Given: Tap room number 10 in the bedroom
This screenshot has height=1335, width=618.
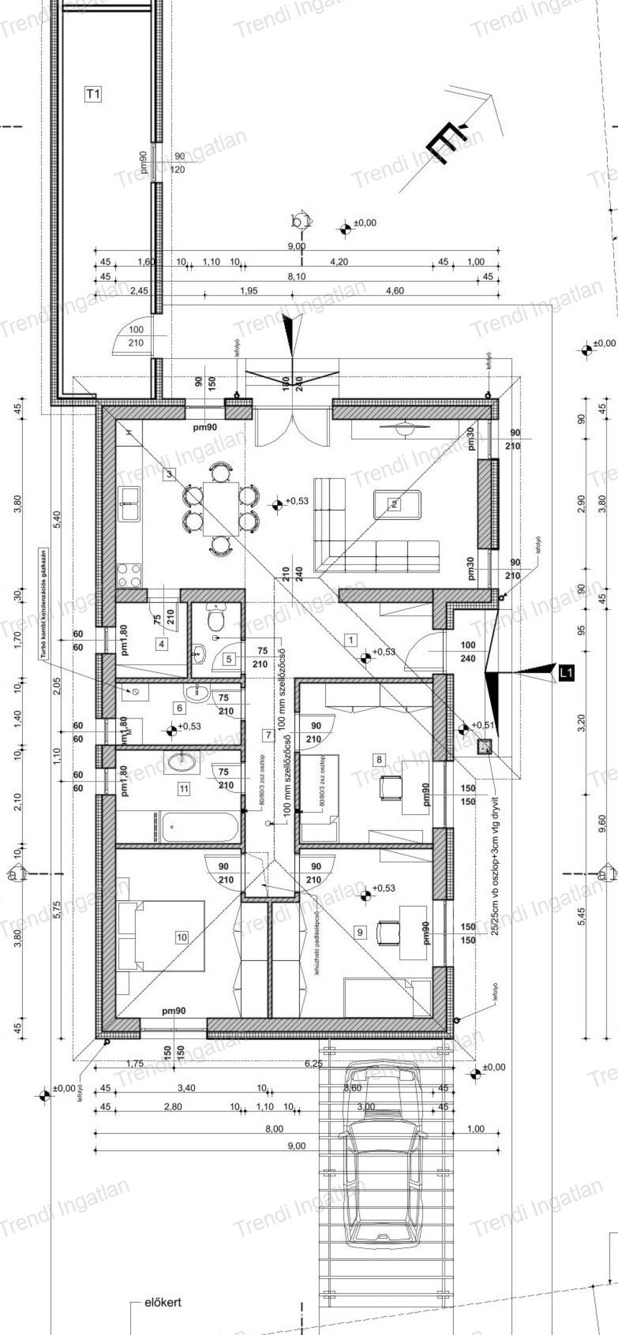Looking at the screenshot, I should [182, 937].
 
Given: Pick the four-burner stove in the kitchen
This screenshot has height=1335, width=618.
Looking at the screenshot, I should [130, 574].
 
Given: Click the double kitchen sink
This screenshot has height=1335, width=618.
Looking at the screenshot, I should [130, 503].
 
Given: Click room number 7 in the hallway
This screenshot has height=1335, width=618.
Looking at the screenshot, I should [268, 735].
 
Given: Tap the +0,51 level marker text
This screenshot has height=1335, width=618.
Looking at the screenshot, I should [483, 725].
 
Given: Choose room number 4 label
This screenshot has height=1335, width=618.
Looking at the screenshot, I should [162, 644].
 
